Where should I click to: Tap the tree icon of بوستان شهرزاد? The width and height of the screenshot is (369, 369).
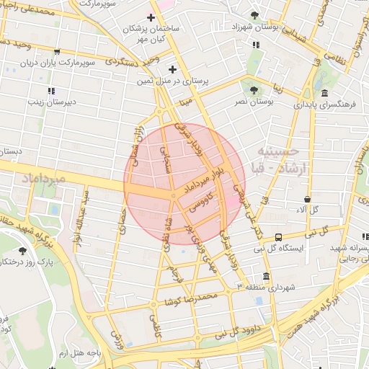point(253,15)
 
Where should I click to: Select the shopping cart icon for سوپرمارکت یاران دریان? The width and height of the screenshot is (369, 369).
point(56,52)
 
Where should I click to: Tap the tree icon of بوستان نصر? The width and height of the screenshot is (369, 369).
point(253,90)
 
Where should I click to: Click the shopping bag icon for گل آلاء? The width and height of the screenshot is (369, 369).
point(308,199)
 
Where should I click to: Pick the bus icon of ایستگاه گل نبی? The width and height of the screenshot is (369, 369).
point(278,236)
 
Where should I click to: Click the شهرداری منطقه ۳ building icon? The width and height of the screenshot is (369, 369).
point(266,276)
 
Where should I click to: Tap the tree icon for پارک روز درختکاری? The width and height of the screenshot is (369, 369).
point(22,251)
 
